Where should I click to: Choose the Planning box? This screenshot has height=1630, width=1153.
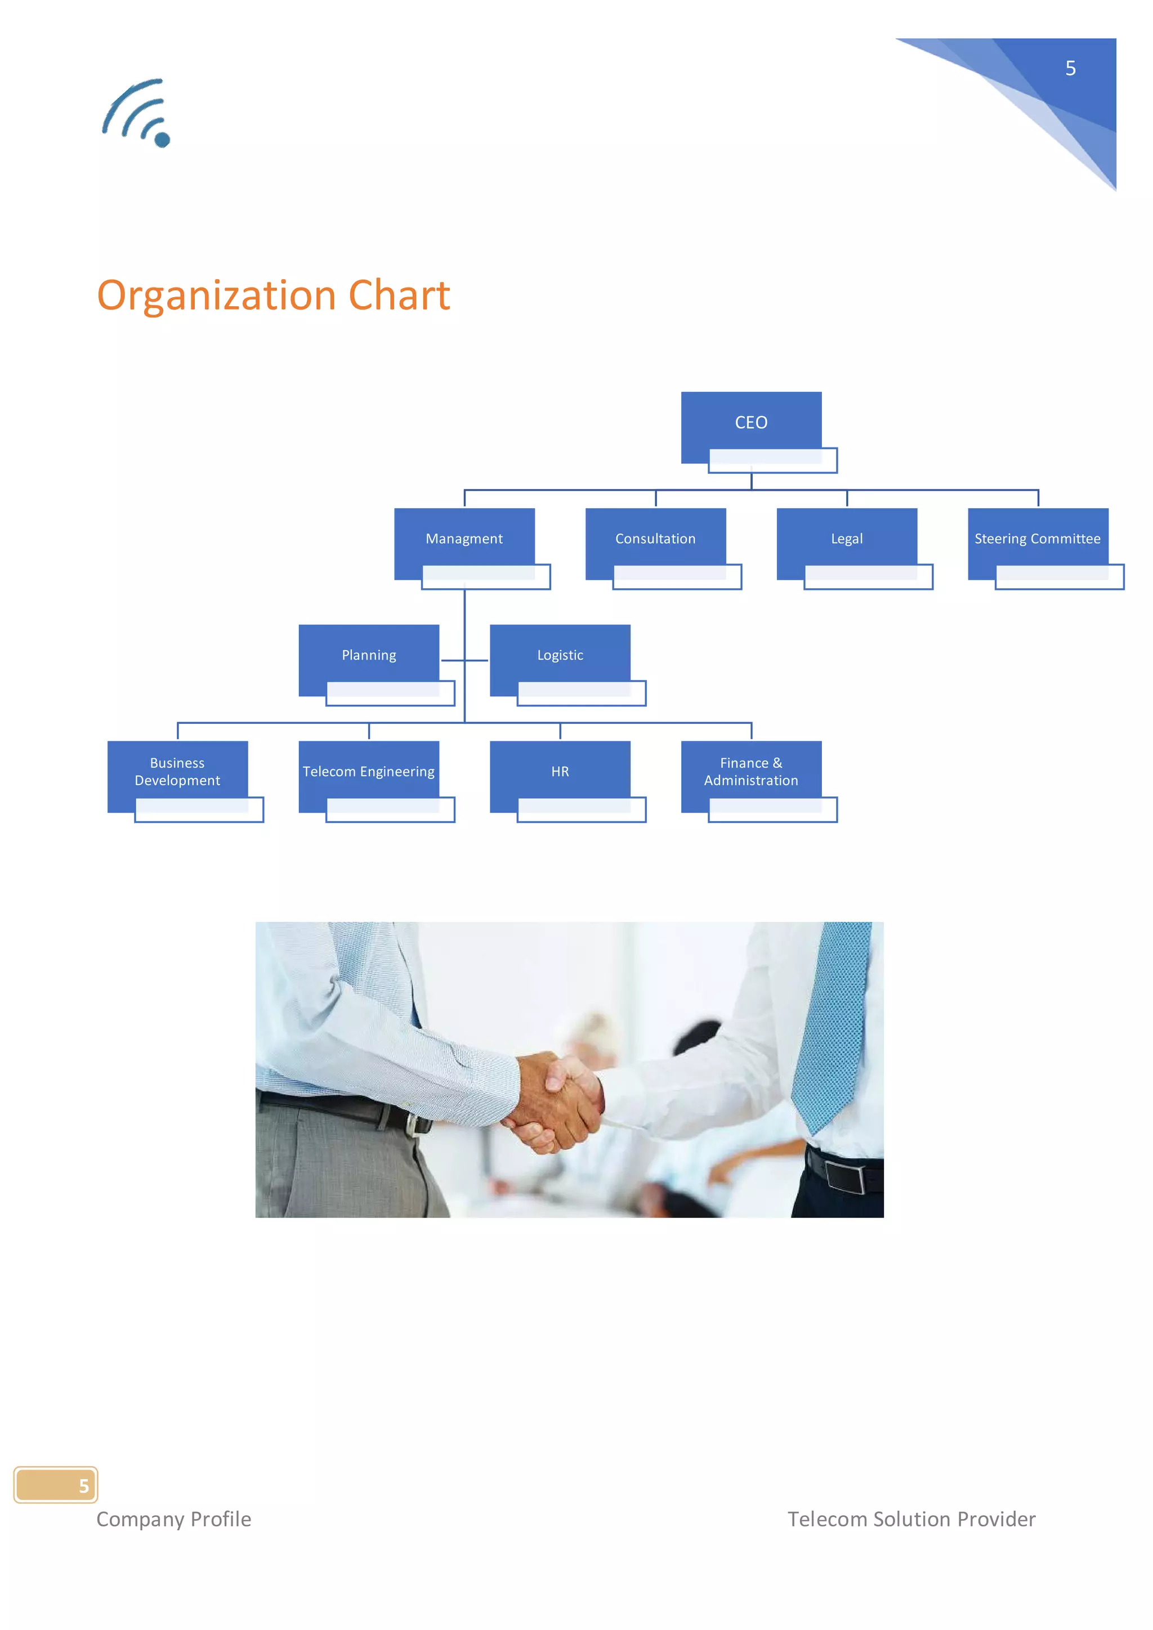pos(369,656)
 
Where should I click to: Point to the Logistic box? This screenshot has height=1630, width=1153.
pos(560,656)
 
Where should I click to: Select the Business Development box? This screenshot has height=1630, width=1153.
pos(177,772)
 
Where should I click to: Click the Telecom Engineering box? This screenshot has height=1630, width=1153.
pos(369,772)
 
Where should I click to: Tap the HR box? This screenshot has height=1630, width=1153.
pos(560,772)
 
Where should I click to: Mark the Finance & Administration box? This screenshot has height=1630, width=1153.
pos(751,772)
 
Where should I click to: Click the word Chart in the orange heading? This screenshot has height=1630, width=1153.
pos(399,295)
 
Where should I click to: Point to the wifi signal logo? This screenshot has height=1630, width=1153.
pos(137,114)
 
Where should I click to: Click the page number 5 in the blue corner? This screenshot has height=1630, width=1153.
pos(1071,68)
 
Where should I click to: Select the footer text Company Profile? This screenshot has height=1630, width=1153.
pos(174,1519)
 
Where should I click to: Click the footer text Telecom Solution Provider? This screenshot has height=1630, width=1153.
pos(911,1519)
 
